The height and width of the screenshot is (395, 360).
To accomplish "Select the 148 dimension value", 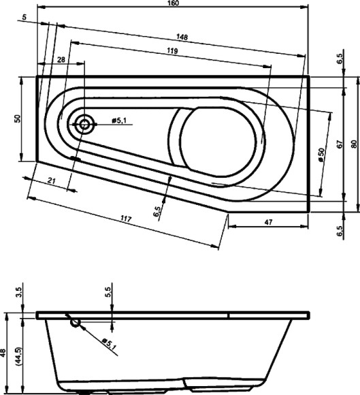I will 181,36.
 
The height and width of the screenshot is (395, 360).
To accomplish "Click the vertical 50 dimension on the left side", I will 18,118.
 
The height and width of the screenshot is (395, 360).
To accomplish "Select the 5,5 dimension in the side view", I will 108,294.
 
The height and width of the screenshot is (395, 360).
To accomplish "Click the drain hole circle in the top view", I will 85,124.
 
